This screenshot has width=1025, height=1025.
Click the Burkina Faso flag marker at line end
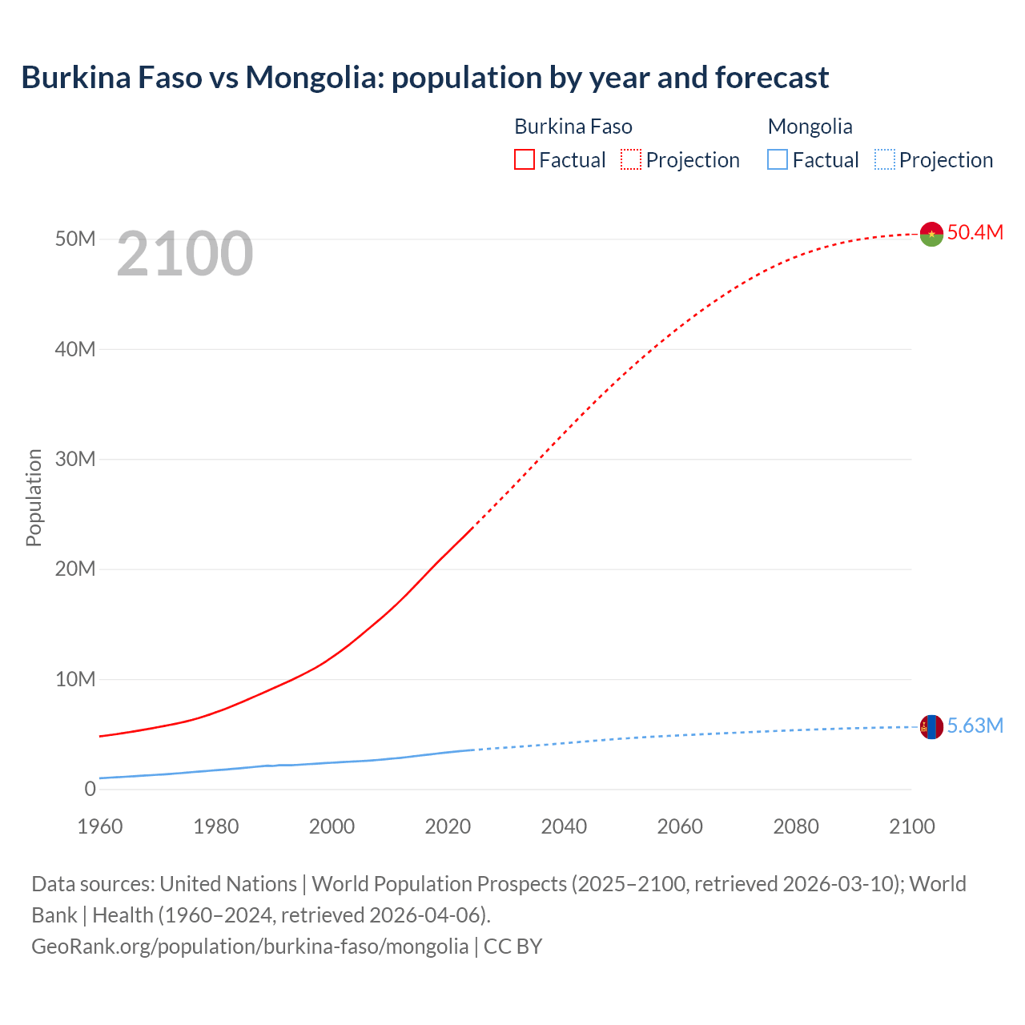931,234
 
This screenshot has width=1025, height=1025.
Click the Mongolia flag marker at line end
931,727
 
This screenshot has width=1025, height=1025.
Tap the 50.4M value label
975,232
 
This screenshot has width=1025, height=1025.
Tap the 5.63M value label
975,726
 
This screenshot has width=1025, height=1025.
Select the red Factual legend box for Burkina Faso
524,160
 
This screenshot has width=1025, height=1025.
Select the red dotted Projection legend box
631,160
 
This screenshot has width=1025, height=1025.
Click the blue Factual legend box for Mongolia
778,160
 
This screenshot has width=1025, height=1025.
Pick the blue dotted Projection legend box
884,160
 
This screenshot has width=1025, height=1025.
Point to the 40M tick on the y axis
75,349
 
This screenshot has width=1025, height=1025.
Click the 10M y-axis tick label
75,679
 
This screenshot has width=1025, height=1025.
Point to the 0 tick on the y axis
90,789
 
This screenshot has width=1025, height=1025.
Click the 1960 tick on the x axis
100,826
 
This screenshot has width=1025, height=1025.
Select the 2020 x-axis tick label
448,826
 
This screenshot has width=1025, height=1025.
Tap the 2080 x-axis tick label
796,826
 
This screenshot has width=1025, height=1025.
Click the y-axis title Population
34,497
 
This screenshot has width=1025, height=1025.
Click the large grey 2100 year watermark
185,254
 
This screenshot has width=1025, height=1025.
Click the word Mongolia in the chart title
311,78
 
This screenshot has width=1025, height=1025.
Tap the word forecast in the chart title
772,78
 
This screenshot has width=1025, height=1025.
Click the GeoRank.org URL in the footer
250,947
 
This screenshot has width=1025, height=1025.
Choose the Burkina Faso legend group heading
573,127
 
